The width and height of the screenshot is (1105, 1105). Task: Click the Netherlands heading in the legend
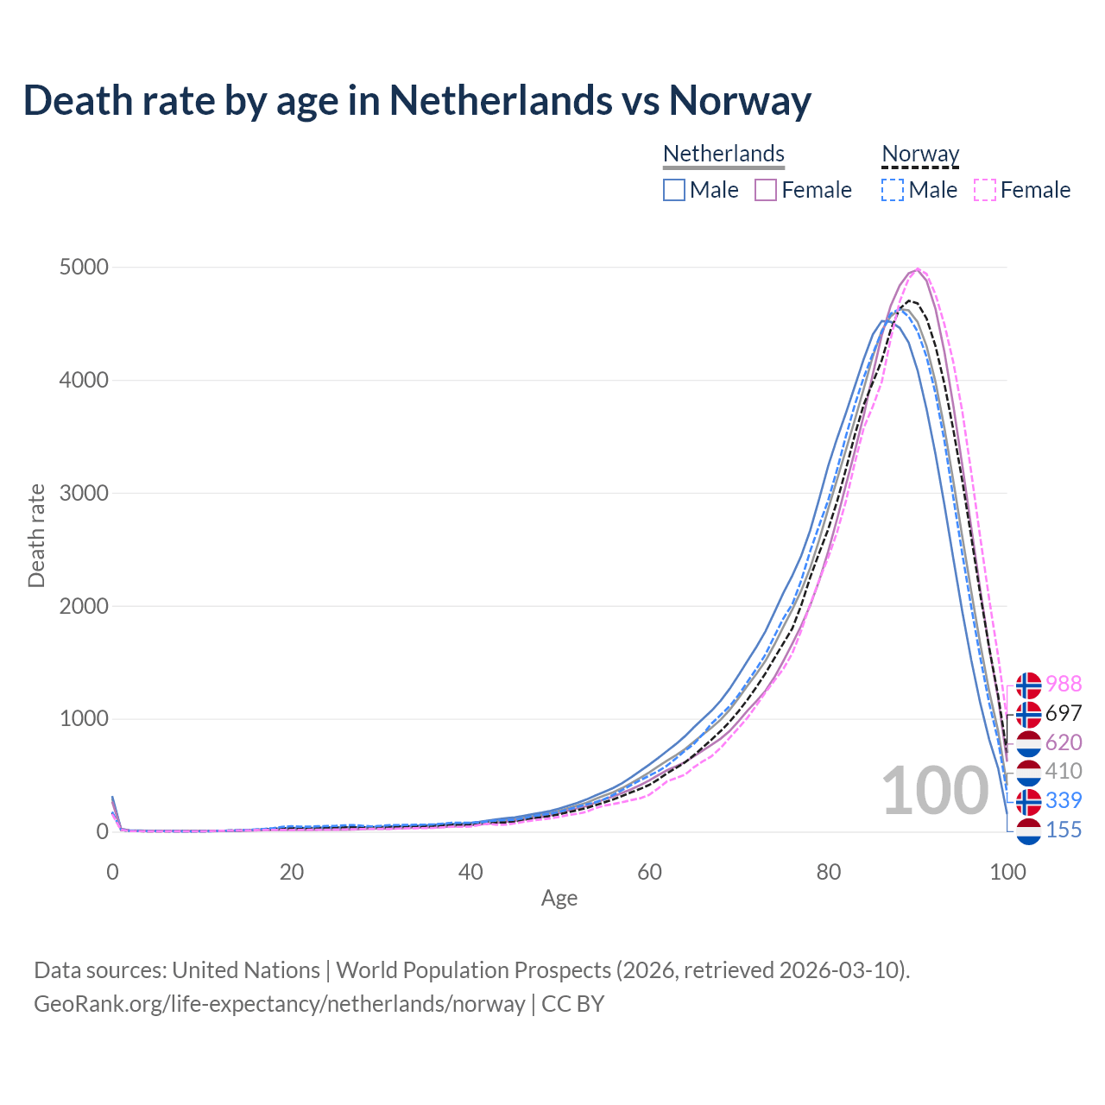(x=723, y=154)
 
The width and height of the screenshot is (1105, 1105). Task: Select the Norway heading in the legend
(x=920, y=154)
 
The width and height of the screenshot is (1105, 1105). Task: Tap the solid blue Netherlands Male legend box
(x=674, y=190)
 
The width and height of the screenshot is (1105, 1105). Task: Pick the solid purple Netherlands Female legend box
(x=766, y=190)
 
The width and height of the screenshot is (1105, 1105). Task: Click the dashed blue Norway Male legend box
(x=893, y=190)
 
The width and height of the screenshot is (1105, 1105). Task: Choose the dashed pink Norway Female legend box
(x=985, y=190)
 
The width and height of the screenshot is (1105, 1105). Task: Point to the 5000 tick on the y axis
(x=84, y=268)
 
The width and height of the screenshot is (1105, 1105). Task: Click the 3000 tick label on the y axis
(x=84, y=494)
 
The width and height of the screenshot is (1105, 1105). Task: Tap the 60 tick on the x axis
(x=649, y=872)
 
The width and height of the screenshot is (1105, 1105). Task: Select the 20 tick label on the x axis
(x=292, y=872)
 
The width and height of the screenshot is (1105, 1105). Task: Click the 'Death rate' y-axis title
(x=36, y=535)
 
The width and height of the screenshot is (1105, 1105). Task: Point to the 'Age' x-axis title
(x=559, y=899)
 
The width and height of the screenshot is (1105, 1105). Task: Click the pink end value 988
(x=1064, y=685)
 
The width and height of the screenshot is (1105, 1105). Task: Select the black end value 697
(x=1064, y=714)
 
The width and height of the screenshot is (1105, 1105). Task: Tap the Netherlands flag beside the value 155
(x=1028, y=830)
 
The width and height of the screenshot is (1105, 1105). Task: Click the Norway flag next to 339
(x=1028, y=801)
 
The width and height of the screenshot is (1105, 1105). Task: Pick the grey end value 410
(x=1064, y=772)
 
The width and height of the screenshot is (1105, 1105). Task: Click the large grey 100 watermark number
(x=935, y=791)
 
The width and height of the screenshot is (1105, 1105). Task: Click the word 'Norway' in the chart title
(x=740, y=100)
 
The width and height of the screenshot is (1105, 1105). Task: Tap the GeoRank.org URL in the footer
(x=279, y=1004)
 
